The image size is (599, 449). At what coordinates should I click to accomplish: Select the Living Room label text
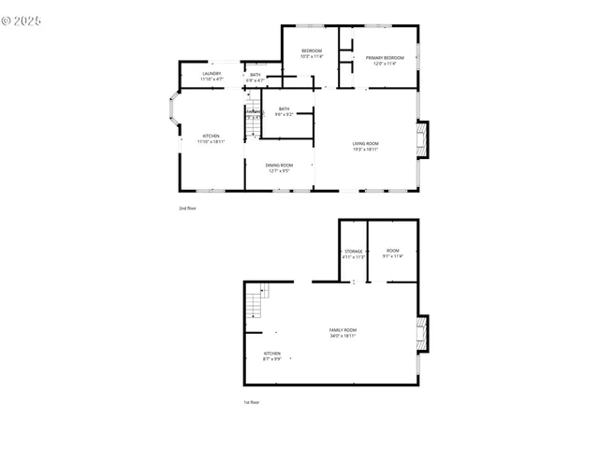point(365,144)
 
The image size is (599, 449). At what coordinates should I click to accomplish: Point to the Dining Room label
point(279,167)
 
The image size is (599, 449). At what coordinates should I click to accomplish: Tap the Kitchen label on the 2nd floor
point(212,138)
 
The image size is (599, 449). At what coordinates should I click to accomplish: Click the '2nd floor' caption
point(187,208)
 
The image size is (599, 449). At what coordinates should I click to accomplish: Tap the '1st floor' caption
point(252,402)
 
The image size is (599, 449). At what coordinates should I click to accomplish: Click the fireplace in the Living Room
point(422,140)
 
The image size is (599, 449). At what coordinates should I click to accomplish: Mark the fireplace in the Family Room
point(423,334)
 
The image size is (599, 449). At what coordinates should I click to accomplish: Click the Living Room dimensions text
point(365,150)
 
